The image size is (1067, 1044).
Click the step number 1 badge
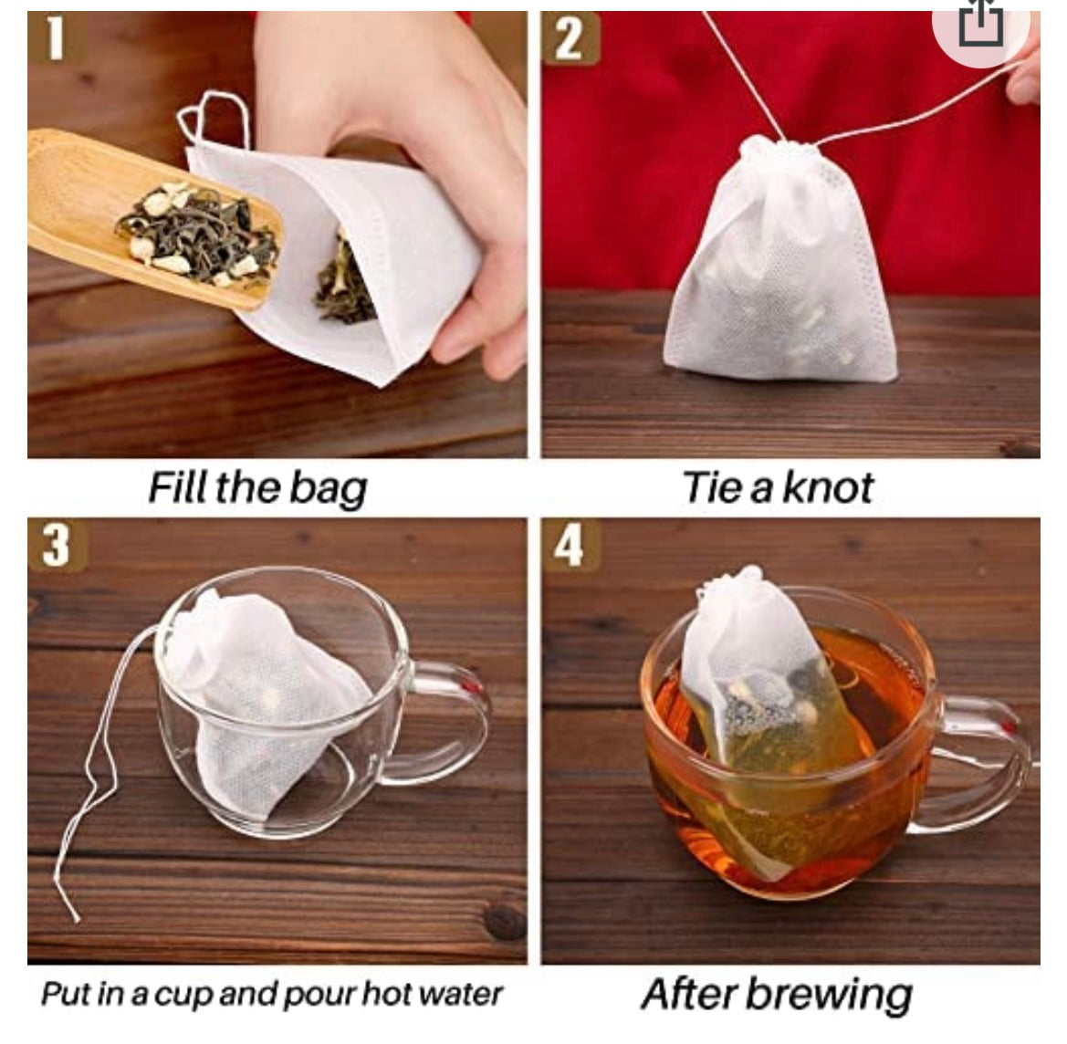point(56,39)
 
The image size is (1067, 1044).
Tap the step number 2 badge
point(570,39)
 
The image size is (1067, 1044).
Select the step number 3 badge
point(58,545)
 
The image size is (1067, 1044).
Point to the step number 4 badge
point(570,545)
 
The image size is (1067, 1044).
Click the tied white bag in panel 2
point(781,262)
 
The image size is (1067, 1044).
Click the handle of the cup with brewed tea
point(980,762)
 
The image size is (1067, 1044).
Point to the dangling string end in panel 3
point(77,919)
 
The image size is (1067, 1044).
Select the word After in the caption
point(688,994)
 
